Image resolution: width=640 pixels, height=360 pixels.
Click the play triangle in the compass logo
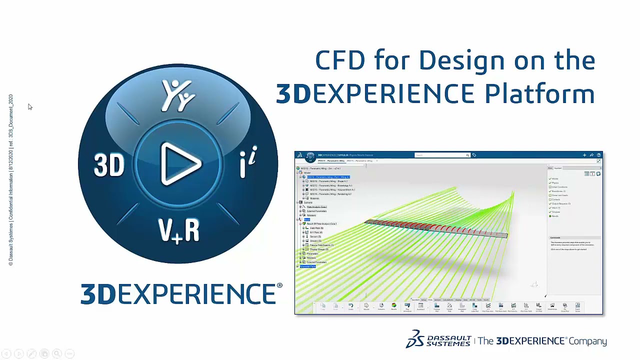pos(180,163)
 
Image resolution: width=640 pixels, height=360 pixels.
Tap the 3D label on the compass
pos(109,164)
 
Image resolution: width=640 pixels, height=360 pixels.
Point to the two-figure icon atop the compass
pos(177,95)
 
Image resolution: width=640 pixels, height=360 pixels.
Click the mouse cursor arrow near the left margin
pos(29,106)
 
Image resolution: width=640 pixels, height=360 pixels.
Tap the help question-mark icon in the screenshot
pos(598,155)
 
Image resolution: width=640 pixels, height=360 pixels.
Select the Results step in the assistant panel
pos(555,216)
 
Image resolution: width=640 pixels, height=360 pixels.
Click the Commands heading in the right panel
pos(555,237)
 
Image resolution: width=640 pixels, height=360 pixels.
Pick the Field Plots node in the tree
pos(316,228)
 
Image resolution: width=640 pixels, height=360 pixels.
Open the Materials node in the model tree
pos(314,198)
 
